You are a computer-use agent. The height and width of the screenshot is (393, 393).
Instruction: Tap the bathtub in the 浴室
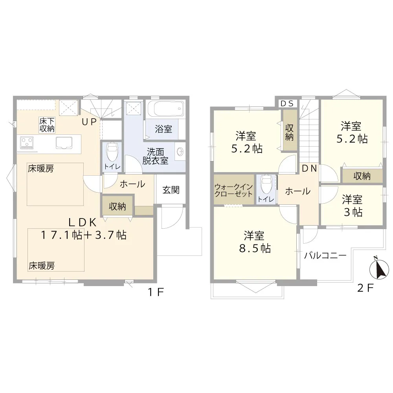click(x=165, y=108)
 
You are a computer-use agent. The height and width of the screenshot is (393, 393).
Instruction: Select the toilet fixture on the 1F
click(x=112, y=152)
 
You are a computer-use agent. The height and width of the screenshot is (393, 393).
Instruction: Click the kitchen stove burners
click(x=27, y=143)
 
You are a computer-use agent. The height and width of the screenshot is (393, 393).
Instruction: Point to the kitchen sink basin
click(x=64, y=143)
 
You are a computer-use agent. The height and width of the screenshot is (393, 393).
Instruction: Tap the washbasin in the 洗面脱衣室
click(x=180, y=151)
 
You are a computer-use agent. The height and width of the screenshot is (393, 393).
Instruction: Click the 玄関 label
click(x=171, y=190)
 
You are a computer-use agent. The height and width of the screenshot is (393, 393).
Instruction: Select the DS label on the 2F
click(x=287, y=103)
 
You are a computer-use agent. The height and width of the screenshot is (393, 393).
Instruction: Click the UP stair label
click(x=89, y=122)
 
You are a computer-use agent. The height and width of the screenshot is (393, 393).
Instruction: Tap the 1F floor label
click(x=156, y=292)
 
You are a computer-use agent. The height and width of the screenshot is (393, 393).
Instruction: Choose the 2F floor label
click(x=365, y=288)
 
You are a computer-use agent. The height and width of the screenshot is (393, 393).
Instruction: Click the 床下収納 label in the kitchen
click(x=47, y=125)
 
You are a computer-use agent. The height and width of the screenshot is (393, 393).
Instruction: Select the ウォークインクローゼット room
click(x=233, y=189)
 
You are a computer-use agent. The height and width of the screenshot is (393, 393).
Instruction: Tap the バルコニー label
click(x=325, y=255)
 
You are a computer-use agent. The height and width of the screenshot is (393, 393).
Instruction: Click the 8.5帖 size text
click(x=255, y=248)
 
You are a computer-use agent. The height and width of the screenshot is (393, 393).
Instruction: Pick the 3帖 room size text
click(x=353, y=212)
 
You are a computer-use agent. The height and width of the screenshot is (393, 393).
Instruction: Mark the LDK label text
click(x=83, y=222)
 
